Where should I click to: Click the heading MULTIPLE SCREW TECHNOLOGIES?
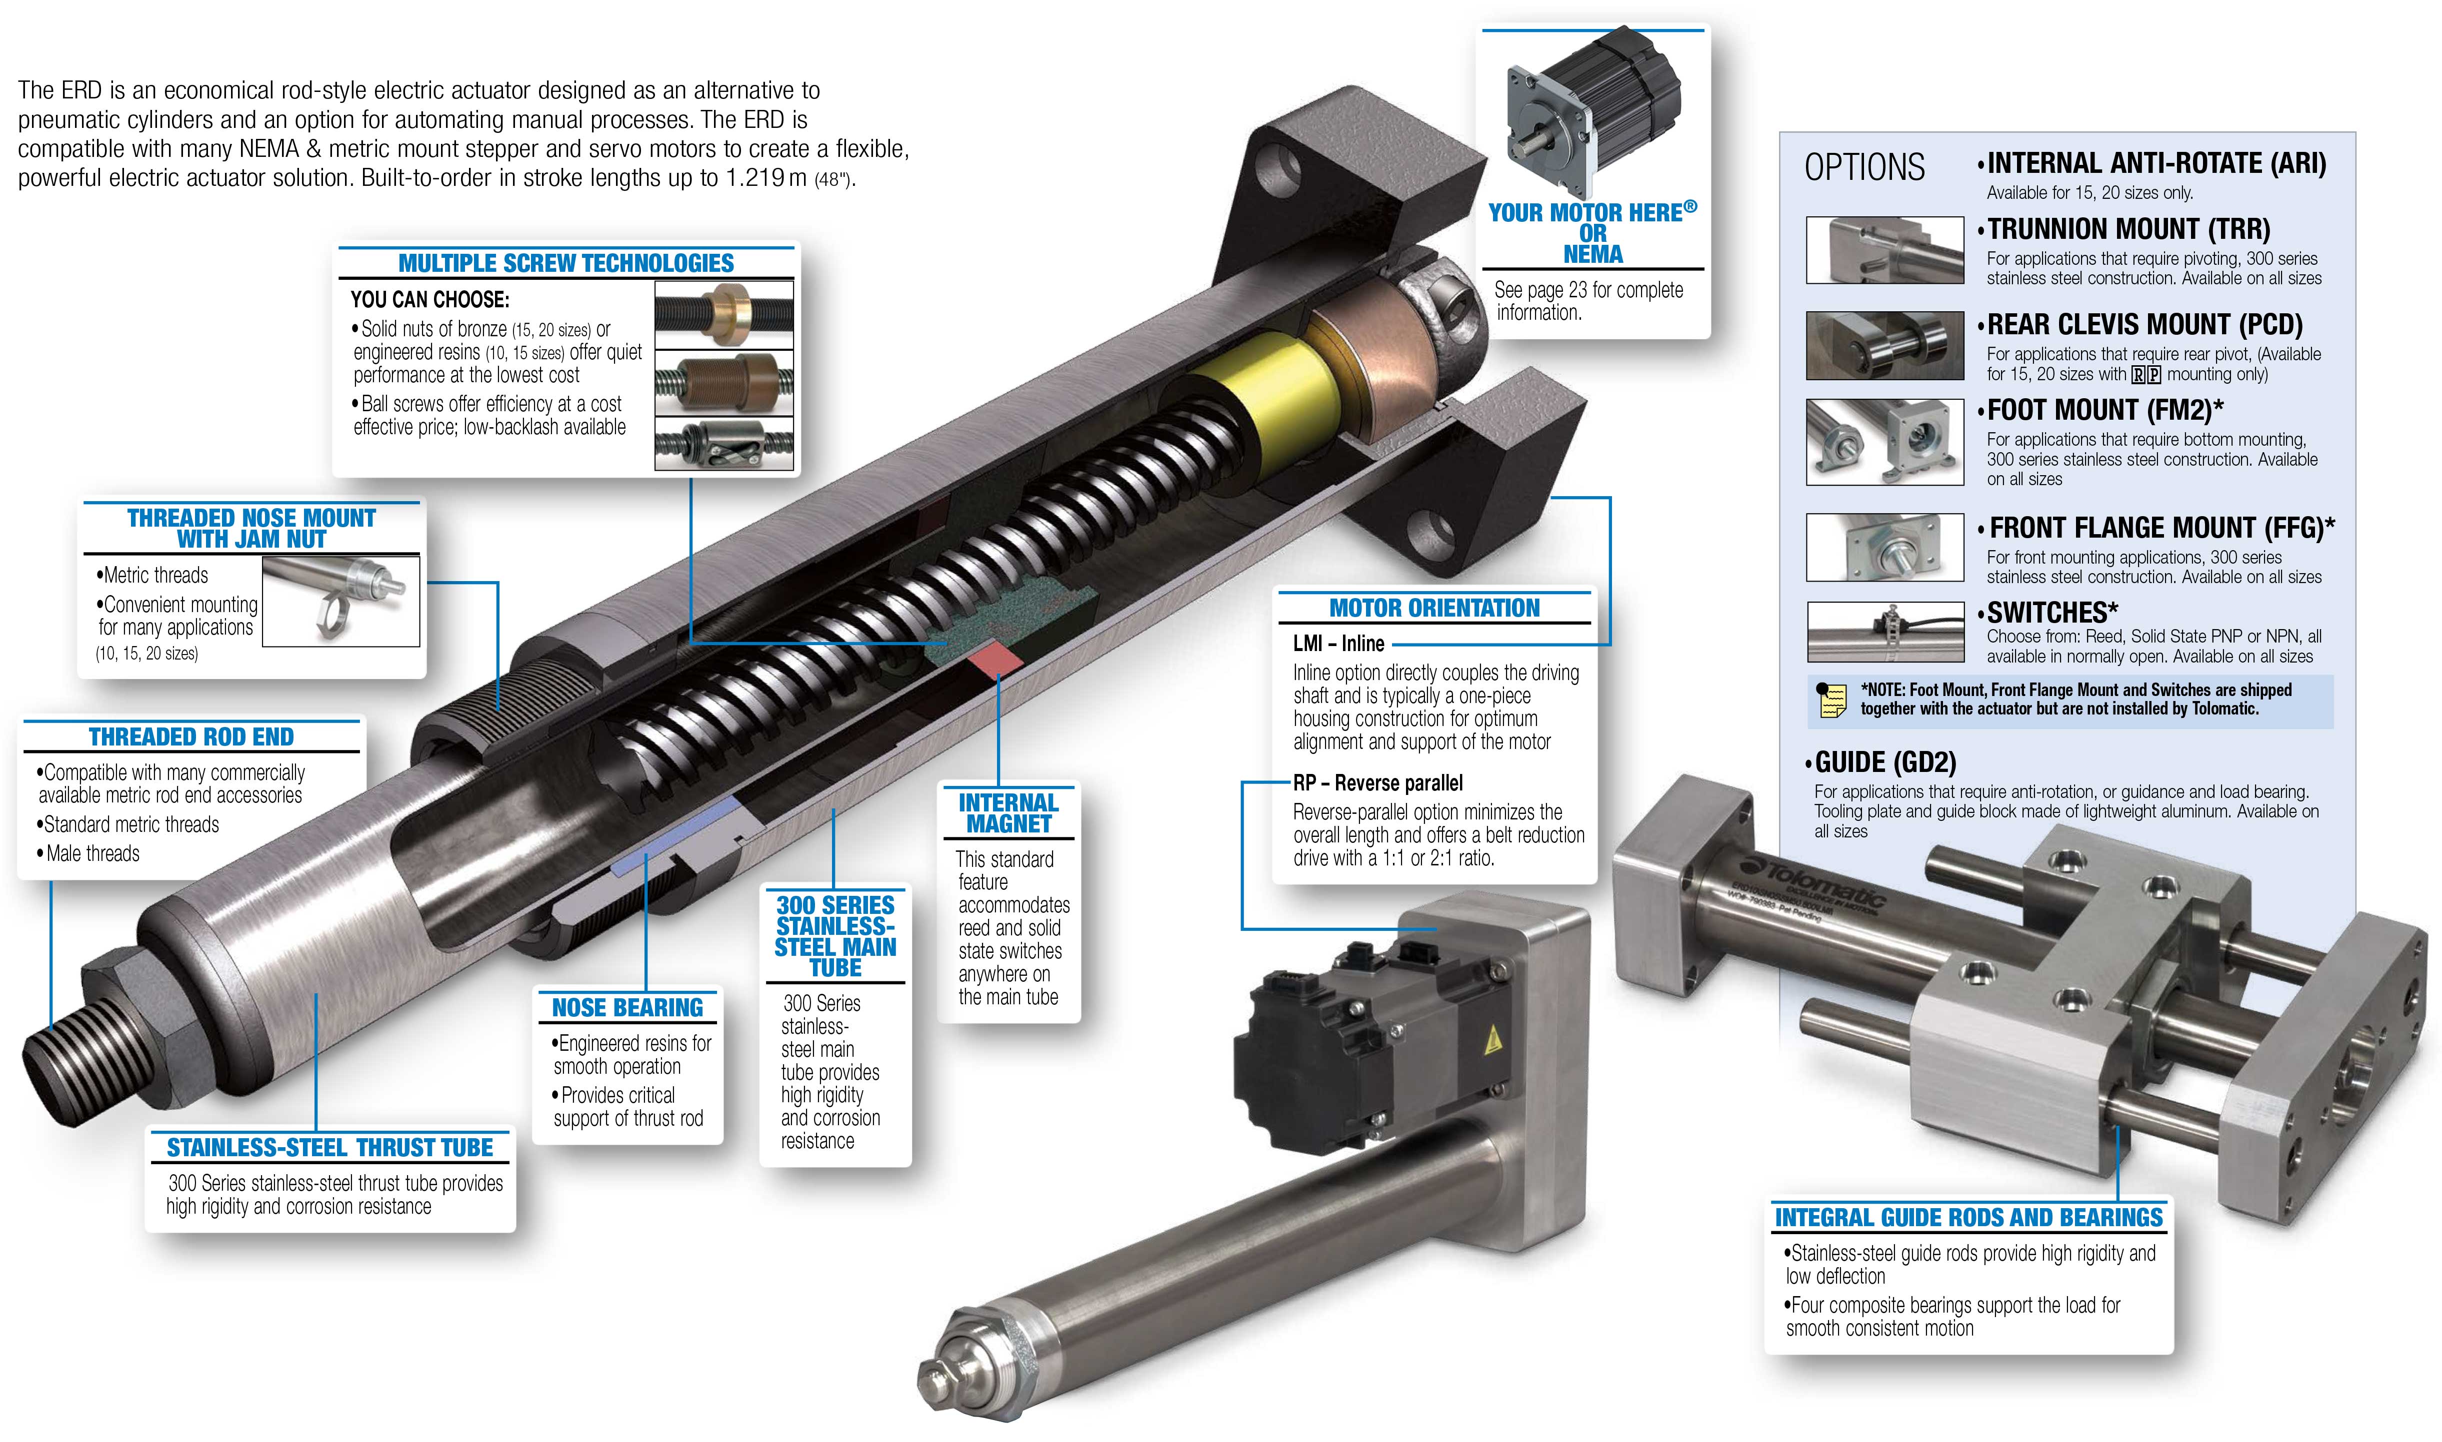566,263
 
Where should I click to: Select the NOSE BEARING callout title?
627,1008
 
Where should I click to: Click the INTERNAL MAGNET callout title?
1008,813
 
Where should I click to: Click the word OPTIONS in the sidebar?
1863,167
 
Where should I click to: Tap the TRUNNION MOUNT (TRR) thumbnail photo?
1884,250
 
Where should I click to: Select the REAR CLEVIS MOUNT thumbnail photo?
1884,345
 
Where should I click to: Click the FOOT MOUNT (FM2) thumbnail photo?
1884,442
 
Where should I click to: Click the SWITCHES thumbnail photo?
1884,632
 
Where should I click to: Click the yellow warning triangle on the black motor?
1493,1042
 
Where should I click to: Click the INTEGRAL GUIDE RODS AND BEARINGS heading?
1968,1218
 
